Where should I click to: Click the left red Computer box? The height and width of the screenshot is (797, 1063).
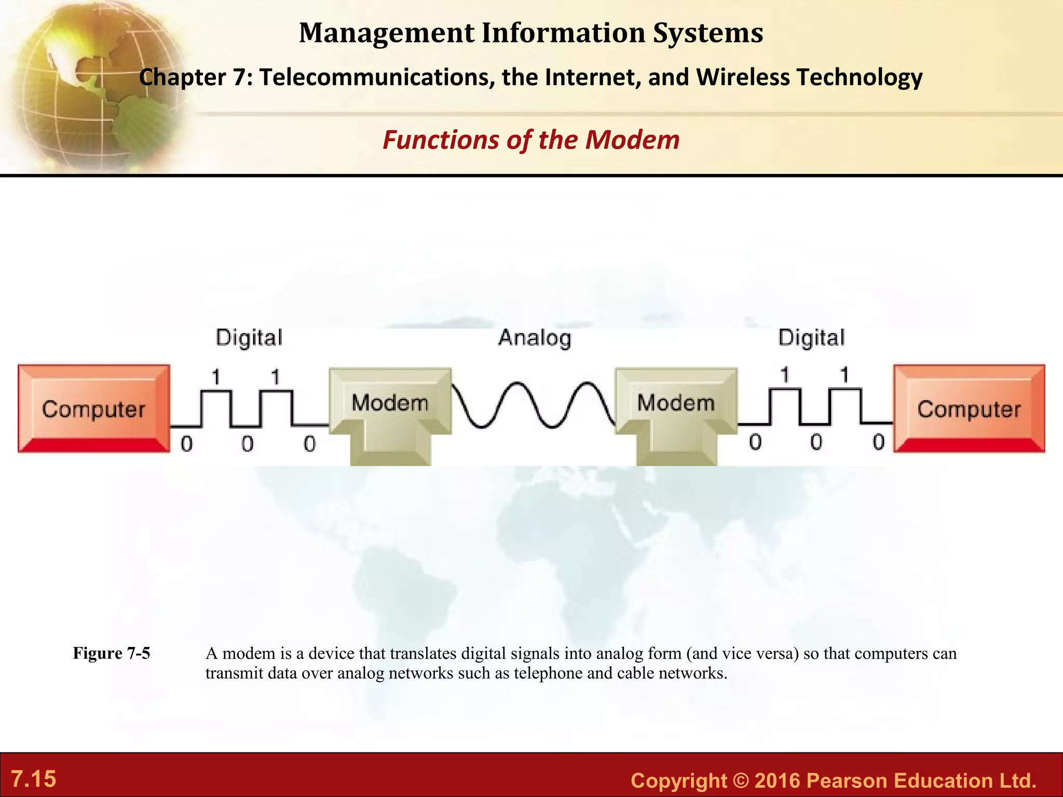94,409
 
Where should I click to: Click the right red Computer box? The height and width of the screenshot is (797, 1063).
969,409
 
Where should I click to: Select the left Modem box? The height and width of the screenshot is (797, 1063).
390,403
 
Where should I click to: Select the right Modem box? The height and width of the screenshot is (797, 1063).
676,403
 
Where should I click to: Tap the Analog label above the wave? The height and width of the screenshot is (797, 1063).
535,338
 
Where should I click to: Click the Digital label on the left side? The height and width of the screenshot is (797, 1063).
249,338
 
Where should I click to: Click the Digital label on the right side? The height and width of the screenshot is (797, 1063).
811,338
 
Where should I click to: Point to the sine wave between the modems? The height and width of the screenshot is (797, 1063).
533,405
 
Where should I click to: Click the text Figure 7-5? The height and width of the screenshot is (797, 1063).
111,653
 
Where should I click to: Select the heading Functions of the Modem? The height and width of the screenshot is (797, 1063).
531,140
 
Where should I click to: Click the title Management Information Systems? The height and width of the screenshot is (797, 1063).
531,33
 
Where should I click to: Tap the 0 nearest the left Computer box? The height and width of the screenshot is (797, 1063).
186,444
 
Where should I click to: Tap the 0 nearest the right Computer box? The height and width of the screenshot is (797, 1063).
878,443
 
